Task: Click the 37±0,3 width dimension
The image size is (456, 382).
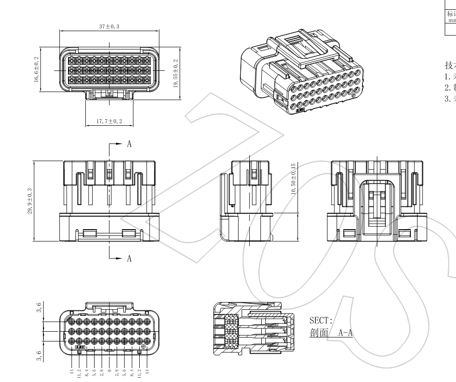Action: (x=109, y=27)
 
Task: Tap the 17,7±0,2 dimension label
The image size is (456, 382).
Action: (x=109, y=121)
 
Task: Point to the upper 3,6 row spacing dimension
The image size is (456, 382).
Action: (x=40, y=308)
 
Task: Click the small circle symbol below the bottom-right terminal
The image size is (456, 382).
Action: (x=143, y=347)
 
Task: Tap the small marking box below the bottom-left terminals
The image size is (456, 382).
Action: (x=80, y=347)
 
